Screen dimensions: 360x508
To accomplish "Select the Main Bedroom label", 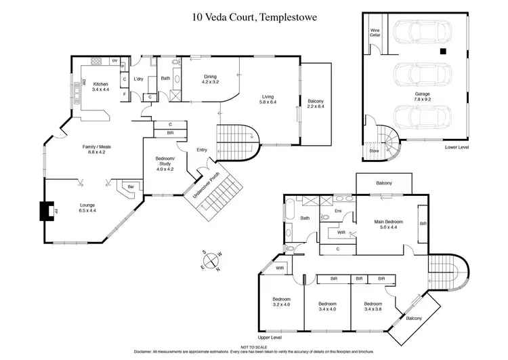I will pos(389,224).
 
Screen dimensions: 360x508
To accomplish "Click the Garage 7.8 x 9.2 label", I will pos(413,96).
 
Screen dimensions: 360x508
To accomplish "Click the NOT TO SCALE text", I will pos(253,346).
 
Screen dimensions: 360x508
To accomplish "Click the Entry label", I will pos(202,150).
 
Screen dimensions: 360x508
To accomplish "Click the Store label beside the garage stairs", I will pos(373,151).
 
